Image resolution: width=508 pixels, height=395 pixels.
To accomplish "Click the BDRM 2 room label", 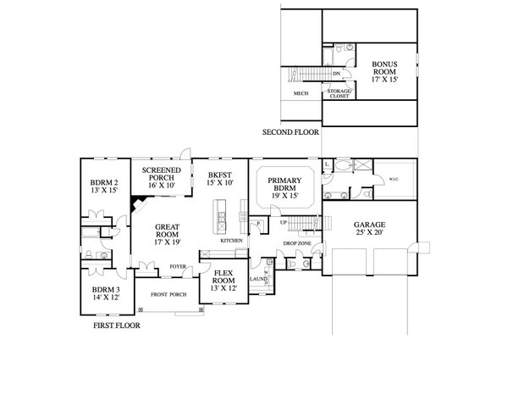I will point(103,186).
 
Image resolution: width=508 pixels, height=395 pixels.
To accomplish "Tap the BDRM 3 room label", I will point(106,294).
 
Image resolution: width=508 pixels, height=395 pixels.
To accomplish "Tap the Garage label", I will point(368,229).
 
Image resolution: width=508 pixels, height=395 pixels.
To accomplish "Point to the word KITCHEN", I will point(232,241).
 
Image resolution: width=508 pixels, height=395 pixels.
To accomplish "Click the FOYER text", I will point(178,266).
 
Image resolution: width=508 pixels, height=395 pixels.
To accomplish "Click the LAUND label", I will point(258,278).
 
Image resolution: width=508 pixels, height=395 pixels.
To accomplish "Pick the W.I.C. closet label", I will point(394,179).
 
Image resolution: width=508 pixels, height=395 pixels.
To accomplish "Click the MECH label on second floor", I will point(300,93).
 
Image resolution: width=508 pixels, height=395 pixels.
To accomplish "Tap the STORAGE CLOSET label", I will point(340,93).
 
